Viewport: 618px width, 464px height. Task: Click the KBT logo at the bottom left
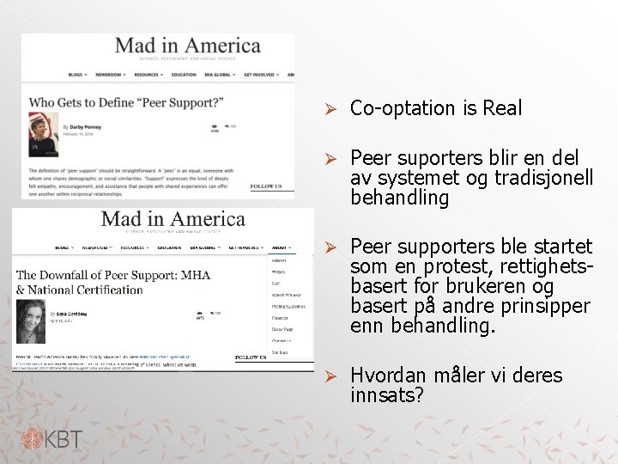[x=52, y=440]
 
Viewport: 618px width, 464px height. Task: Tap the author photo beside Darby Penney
[x=44, y=134]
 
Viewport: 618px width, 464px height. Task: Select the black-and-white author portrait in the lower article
[x=31, y=321]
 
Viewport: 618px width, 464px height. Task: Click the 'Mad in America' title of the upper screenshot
[x=187, y=46]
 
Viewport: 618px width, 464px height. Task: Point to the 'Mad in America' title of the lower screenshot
[x=173, y=220]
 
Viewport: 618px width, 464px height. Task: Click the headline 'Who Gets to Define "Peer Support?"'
[x=126, y=103]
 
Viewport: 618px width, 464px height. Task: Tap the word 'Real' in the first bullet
[x=502, y=108]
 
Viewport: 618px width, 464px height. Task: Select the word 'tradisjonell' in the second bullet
[x=544, y=178]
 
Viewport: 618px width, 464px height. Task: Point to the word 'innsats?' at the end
[x=387, y=395]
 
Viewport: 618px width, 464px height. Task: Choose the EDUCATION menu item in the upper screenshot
[x=184, y=75]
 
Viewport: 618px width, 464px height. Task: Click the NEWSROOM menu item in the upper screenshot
[x=110, y=75]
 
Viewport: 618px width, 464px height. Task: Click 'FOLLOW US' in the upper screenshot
[x=266, y=186]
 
